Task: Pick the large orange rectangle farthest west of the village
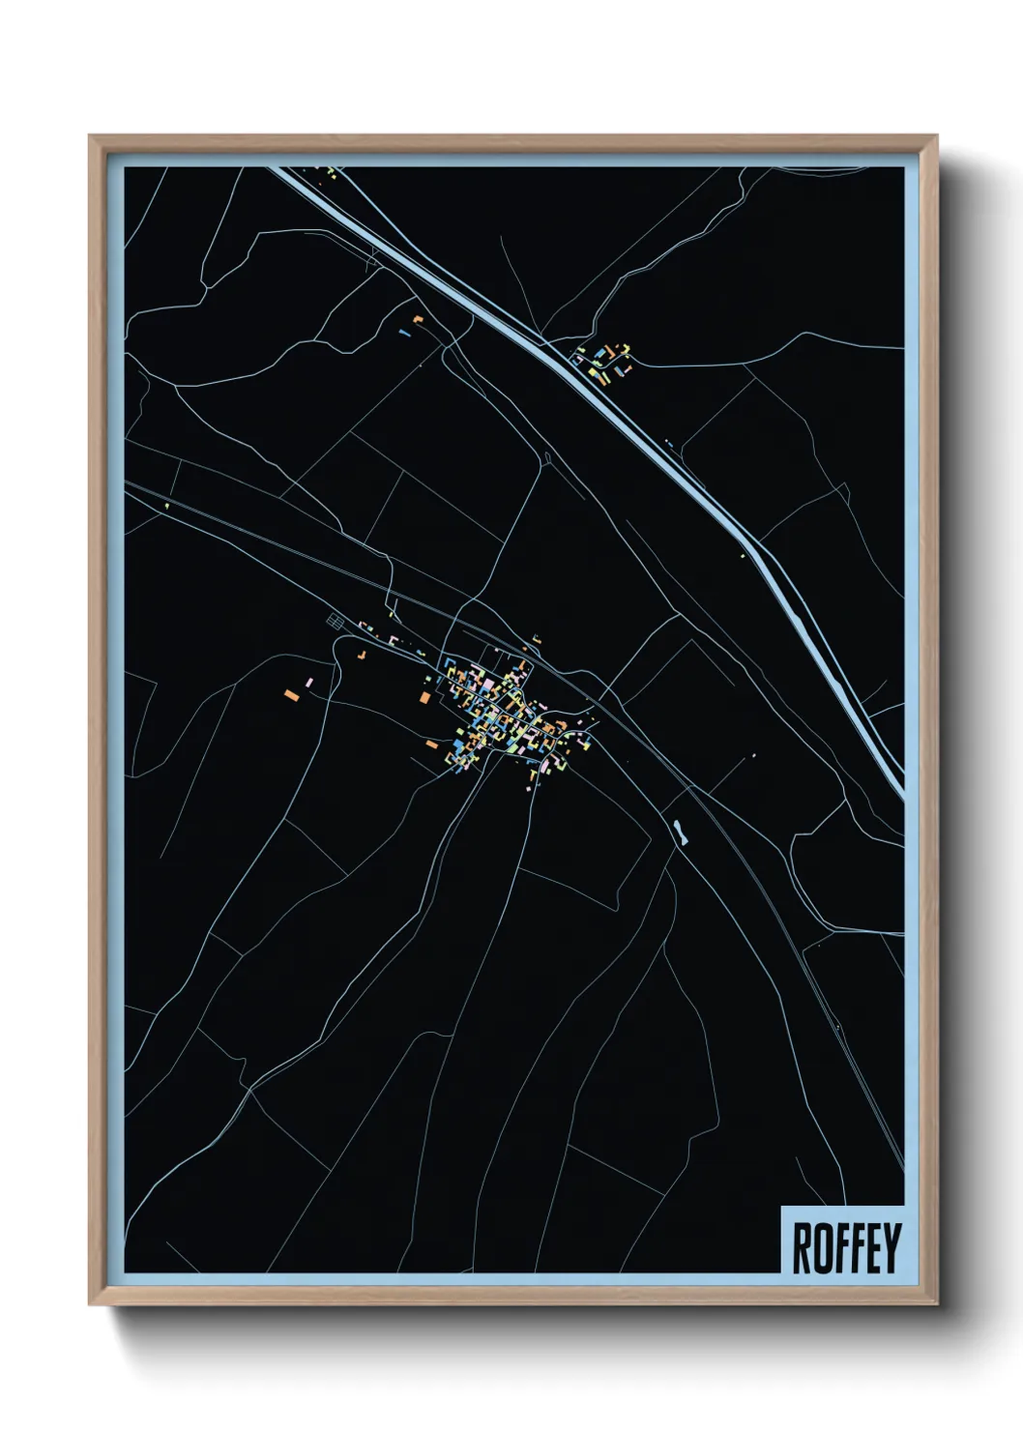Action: pos(290,693)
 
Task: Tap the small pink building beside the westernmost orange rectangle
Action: pos(308,684)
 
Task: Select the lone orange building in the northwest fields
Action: pos(418,318)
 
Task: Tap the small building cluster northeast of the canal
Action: pos(605,361)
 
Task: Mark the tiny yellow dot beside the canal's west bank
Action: pos(743,554)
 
